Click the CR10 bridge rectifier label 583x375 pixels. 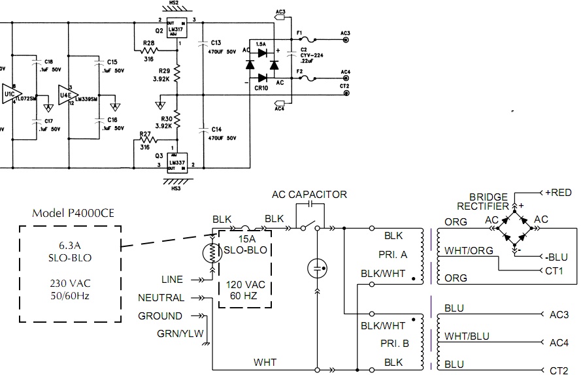coord(261,87)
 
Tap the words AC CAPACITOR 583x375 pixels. coord(309,194)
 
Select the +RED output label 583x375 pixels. coord(558,192)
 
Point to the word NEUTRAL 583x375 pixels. coord(161,297)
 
